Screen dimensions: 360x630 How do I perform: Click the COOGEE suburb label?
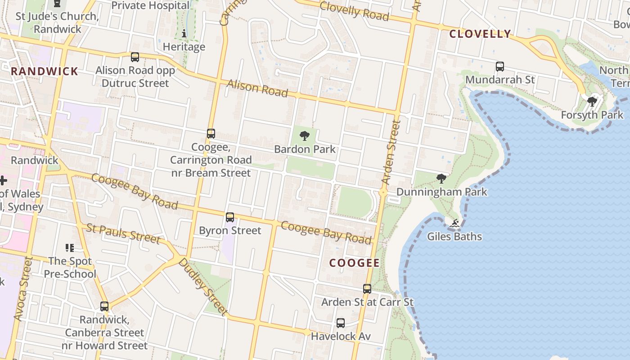pyautogui.click(x=354, y=263)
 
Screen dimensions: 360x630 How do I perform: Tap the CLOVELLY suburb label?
pyautogui.click(x=480, y=34)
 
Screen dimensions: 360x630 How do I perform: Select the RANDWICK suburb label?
pyautogui.click(x=45, y=71)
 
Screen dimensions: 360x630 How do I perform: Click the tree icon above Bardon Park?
pyautogui.click(x=305, y=136)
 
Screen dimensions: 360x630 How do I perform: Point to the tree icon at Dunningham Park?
pyautogui.click(x=441, y=179)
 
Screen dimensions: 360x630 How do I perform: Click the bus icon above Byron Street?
pyautogui.click(x=230, y=217)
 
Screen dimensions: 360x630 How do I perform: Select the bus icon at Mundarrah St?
pyautogui.click(x=499, y=67)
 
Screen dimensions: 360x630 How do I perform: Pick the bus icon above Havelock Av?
pyautogui.click(x=341, y=323)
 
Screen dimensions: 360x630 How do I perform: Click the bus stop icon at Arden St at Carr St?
pyautogui.click(x=367, y=289)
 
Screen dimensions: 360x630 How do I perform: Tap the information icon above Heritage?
pyautogui.click(x=184, y=33)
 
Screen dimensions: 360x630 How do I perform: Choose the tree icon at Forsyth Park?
pyautogui.click(x=592, y=102)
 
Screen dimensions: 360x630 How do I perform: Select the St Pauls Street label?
pyautogui.click(x=123, y=234)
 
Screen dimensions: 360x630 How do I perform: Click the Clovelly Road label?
pyautogui.click(x=354, y=11)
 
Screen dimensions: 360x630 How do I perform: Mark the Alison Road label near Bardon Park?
pyautogui.click(x=257, y=88)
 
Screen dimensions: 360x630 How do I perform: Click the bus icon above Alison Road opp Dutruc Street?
pyautogui.click(x=135, y=57)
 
